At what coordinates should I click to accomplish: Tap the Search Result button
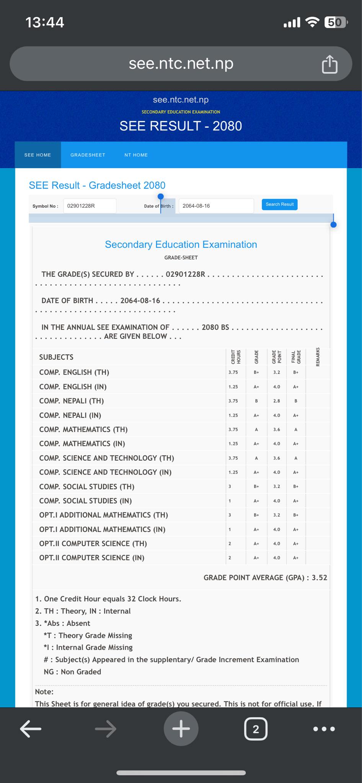click(x=279, y=205)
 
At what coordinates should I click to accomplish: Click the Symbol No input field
click(x=90, y=206)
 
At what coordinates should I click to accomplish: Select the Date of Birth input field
click(x=215, y=206)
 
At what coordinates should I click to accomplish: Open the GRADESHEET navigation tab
click(x=88, y=155)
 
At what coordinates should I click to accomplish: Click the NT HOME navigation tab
click(x=136, y=155)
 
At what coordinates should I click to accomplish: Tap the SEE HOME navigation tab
click(x=38, y=155)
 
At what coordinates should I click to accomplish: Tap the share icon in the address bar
click(x=329, y=64)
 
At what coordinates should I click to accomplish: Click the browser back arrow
click(x=31, y=729)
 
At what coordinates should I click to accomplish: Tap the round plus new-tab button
click(x=181, y=729)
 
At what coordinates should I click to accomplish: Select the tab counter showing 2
click(x=256, y=729)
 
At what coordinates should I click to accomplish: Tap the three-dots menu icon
click(x=324, y=729)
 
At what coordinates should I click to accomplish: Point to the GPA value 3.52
click(x=320, y=578)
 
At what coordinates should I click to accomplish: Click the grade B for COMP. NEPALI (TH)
click(x=256, y=401)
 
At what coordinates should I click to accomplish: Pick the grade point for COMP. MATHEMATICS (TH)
click(x=277, y=429)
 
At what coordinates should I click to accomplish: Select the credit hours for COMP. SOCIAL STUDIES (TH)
click(x=230, y=487)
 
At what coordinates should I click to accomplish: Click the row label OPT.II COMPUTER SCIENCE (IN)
click(x=92, y=558)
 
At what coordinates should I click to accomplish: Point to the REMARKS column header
click(x=318, y=357)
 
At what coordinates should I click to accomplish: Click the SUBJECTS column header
click(x=56, y=357)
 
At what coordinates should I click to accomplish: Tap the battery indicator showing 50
click(x=335, y=23)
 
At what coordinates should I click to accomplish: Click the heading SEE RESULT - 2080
click(x=181, y=126)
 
